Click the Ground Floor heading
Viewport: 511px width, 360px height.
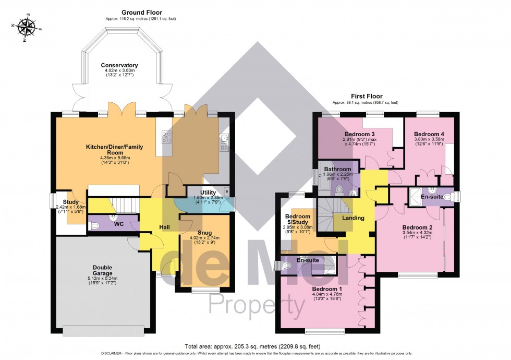pyautogui.click(x=141, y=13)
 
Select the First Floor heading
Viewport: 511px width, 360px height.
pyautogui.click(x=367, y=97)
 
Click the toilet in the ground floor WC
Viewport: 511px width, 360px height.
pyautogui.click(x=94, y=226)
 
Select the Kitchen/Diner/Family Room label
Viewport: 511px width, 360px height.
pyautogui.click(x=114, y=150)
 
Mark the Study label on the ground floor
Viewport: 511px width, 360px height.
pyautogui.click(x=70, y=202)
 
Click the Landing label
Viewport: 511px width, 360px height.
pyautogui.click(x=353, y=218)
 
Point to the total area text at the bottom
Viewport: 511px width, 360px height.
pyautogui.click(x=252, y=346)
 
